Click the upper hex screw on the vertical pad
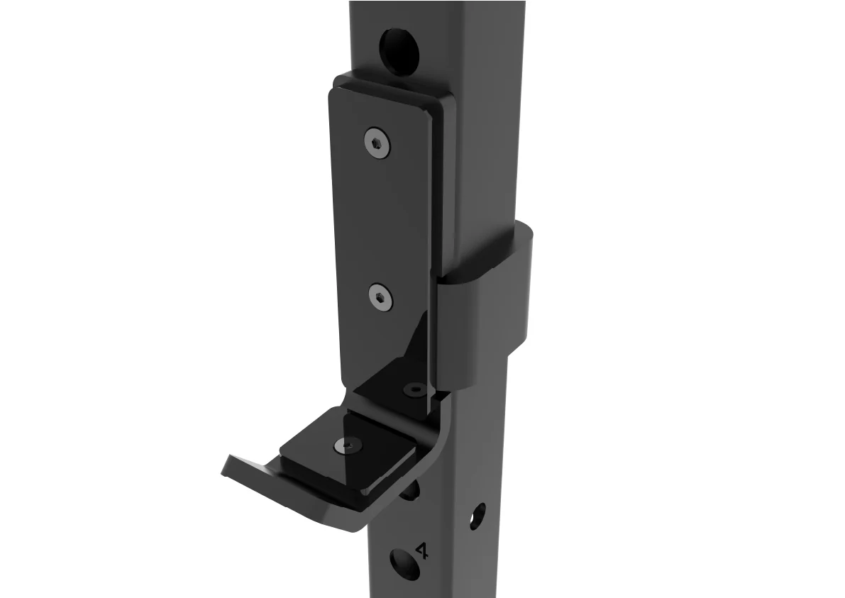click(x=377, y=144)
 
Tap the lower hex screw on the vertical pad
click(x=382, y=297)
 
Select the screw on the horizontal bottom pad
click(x=348, y=445)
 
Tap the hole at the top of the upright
click(x=399, y=48)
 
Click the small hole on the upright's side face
click(x=480, y=516)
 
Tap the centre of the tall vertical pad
click(x=380, y=227)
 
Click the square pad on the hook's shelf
click(x=348, y=454)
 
